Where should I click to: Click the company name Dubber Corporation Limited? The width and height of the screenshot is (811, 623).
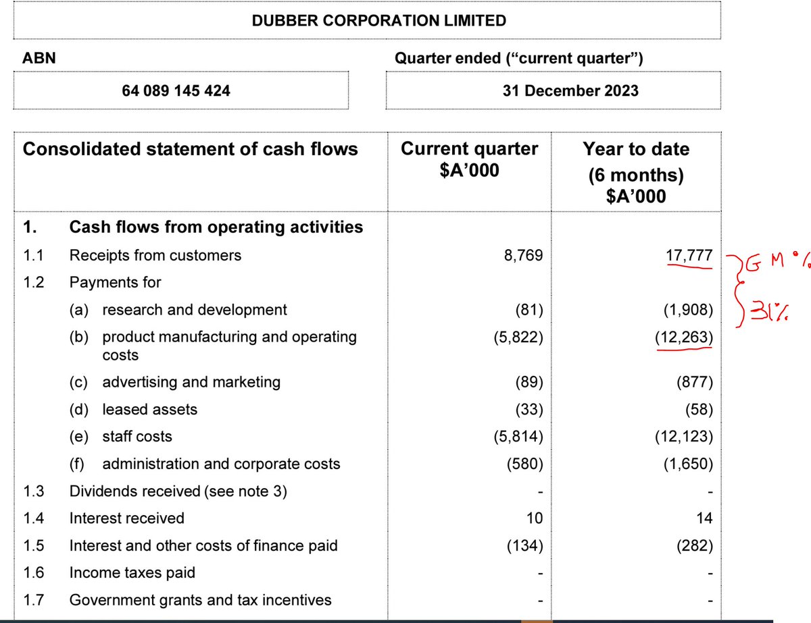(x=378, y=20)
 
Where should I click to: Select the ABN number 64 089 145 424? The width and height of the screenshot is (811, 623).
(x=176, y=90)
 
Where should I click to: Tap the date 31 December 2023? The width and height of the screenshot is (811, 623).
(x=570, y=90)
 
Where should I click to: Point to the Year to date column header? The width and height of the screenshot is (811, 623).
(x=636, y=172)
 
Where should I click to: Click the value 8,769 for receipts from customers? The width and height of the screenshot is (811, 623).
(x=524, y=256)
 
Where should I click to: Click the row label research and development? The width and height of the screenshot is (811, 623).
(x=195, y=310)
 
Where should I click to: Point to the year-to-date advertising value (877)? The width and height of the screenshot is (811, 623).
(x=694, y=382)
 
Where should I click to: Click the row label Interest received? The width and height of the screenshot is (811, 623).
(x=127, y=518)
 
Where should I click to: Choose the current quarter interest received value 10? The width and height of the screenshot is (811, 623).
(x=533, y=518)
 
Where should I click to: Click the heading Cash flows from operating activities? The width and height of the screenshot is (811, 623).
(x=216, y=227)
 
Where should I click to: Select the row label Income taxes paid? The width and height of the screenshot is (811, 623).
(x=132, y=572)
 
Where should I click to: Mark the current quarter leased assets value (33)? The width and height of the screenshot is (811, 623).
(x=528, y=409)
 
